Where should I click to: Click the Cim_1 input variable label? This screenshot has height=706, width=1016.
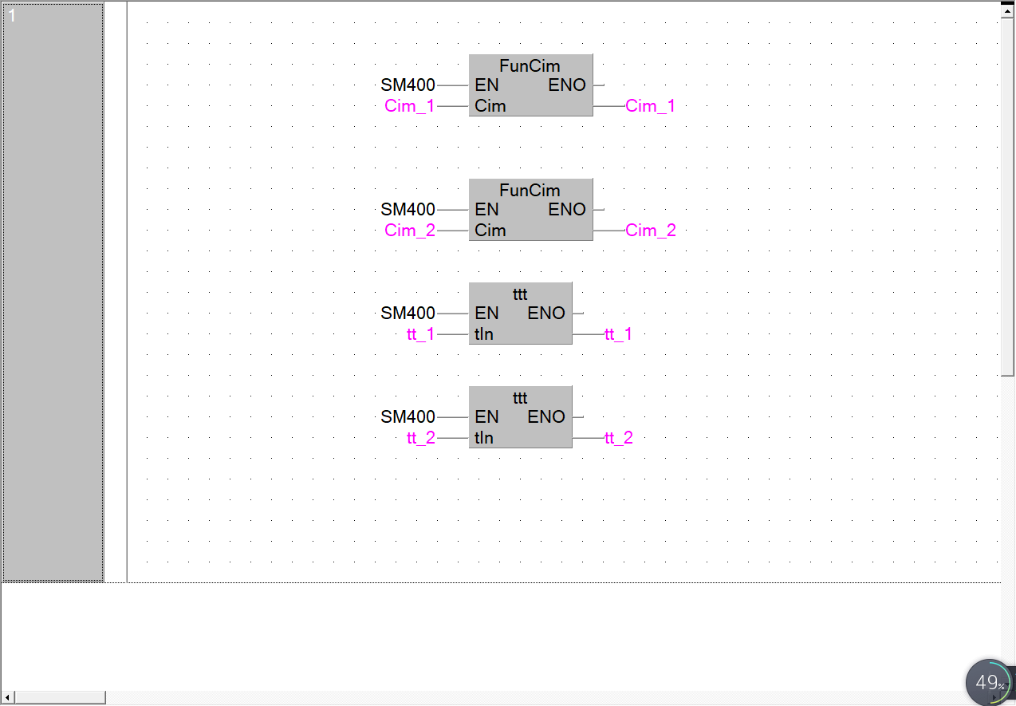[x=410, y=106]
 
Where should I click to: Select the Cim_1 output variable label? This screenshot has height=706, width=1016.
[x=650, y=106]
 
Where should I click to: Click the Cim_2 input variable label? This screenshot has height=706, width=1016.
[x=410, y=231]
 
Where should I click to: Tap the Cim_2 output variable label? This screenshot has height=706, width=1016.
[x=650, y=231]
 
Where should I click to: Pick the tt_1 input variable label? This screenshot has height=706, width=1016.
[x=420, y=334]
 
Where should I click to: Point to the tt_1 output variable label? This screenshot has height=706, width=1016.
[x=618, y=334]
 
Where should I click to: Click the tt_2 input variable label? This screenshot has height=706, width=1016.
[x=421, y=438]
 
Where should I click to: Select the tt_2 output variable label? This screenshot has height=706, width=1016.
[x=619, y=438]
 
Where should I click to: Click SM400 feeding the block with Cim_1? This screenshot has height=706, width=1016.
[x=408, y=85]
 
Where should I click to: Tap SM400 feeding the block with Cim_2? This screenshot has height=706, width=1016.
[x=408, y=210]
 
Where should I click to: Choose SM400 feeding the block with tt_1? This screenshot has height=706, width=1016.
[x=408, y=314]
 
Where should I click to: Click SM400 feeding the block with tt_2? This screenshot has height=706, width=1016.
[x=408, y=417]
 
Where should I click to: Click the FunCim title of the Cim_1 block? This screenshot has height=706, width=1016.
[x=530, y=66]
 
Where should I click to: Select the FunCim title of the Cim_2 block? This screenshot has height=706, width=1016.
[x=530, y=191]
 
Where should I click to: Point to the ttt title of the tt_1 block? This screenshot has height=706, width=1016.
[x=520, y=294]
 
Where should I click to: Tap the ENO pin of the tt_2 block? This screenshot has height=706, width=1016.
[x=546, y=417]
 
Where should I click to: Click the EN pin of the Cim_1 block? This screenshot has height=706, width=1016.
[x=486, y=85]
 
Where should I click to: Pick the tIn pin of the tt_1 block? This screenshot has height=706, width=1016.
[x=484, y=334]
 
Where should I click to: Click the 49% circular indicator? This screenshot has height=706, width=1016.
[x=990, y=683]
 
